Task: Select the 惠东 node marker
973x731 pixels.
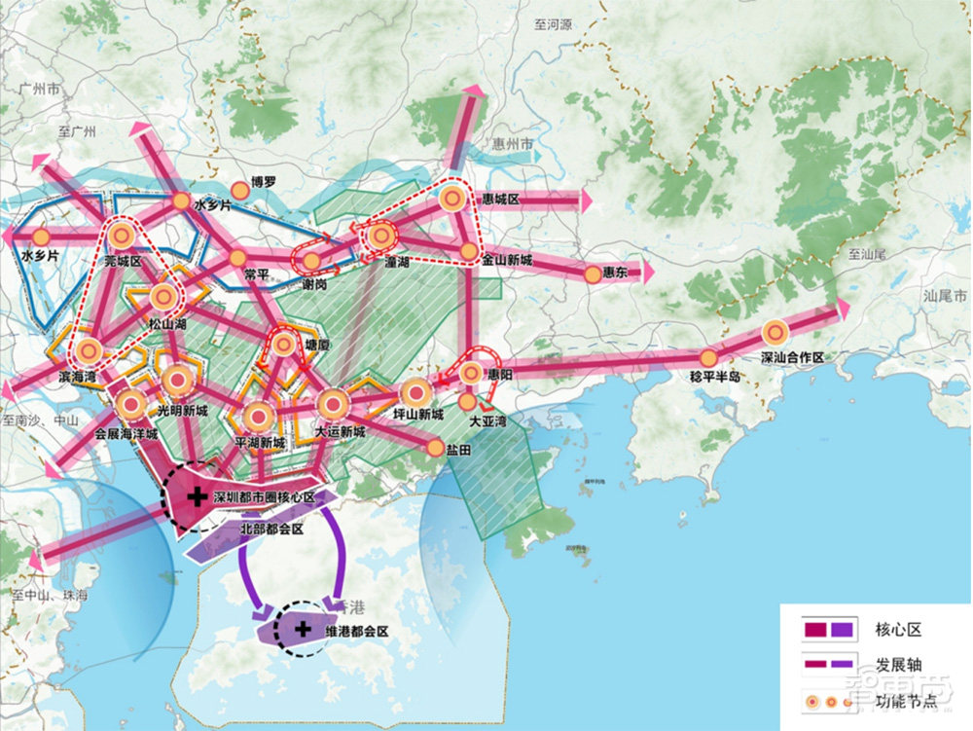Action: [593, 274]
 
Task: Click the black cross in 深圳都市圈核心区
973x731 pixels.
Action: [197, 496]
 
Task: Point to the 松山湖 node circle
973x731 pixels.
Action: [162, 298]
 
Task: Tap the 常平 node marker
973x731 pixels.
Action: [236, 259]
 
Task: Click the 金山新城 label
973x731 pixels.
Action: [507, 262]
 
